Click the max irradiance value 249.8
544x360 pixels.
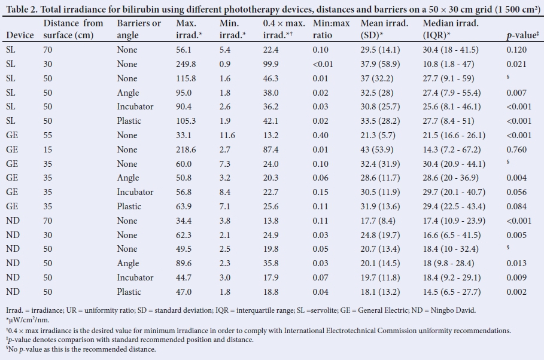(186, 64)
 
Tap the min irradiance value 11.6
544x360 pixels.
(227, 135)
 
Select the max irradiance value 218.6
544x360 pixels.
(186, 150)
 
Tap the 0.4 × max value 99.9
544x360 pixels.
(271, 64)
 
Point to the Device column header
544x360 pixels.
(20, 35)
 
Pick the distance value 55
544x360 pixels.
(48, 135)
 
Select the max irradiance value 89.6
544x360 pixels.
(184, 263)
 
